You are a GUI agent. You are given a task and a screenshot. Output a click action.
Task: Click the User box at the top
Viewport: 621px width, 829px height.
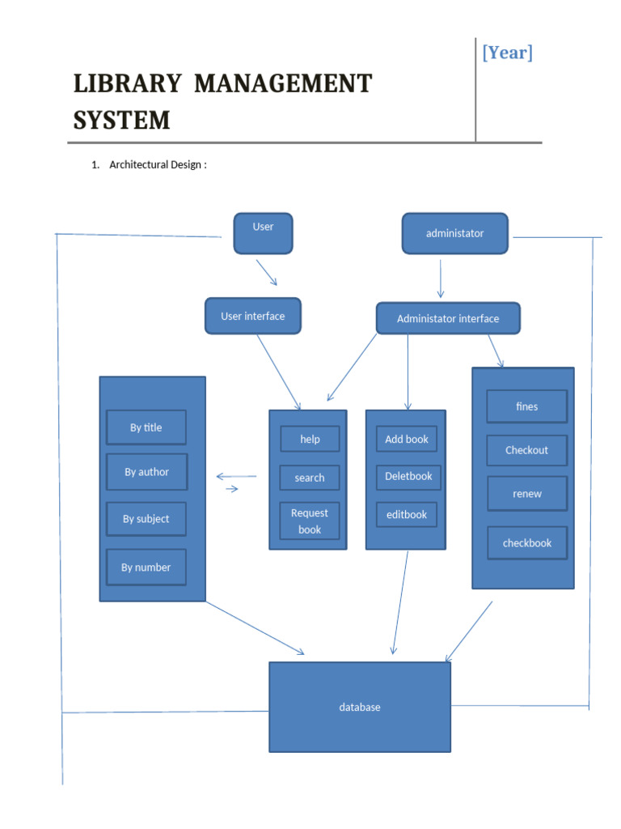263,233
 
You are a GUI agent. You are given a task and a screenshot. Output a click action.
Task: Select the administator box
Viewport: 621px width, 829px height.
454,233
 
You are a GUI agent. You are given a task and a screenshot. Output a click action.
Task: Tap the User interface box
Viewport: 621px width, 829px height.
253,317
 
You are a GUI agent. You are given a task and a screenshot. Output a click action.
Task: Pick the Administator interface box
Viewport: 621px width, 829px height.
448,319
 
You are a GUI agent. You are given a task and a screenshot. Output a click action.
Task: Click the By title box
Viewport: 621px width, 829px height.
146,427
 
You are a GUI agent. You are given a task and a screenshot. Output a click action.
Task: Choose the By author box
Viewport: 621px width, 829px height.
147,472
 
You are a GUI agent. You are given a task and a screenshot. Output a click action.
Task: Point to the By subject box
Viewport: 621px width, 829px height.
146,519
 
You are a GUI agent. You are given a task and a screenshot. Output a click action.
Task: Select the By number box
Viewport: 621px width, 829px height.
146,568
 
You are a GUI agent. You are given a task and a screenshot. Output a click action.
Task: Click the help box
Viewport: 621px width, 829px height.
310,439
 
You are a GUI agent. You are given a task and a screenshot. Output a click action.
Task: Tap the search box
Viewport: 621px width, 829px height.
310,478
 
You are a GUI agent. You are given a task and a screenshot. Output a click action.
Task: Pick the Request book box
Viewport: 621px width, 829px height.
310,521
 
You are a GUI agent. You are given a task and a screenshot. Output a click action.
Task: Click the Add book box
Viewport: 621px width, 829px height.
407,439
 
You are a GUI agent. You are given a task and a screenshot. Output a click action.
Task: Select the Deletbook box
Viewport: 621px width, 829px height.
408,476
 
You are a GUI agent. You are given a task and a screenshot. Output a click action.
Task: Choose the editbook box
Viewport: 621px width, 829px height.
407,514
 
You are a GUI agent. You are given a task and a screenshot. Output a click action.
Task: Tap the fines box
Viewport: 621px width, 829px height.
526,406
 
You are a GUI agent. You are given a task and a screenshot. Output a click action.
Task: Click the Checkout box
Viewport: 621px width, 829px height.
526,450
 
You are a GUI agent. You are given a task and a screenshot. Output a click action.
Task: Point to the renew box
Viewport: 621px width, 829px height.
526,494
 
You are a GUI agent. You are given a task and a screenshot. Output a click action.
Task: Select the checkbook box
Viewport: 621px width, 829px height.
527,543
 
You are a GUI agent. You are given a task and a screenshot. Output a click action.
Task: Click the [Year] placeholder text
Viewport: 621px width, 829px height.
508,53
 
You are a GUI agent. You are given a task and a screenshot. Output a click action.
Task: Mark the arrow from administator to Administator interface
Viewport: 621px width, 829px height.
440,278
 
